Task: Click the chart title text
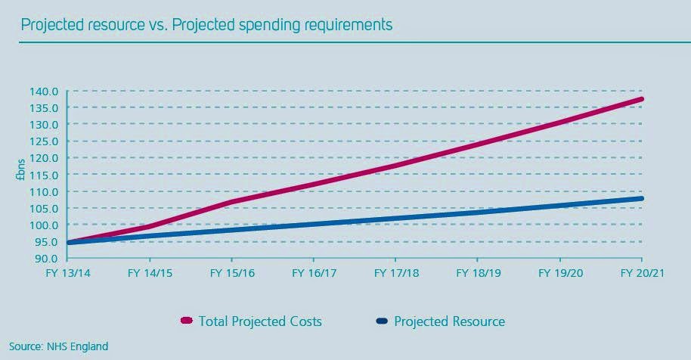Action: click(x=206, y=24)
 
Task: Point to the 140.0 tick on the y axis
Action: click(x=45, y=91)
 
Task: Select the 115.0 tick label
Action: click(x=45, y=175)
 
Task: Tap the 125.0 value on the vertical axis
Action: click(x=45, y=141)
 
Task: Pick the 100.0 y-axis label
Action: click(x=45, y=225)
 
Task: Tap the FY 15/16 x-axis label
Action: click(x=231, y=273)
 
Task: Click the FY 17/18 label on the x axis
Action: click(x=395, y=273)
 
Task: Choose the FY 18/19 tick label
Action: click(x=477, y=273)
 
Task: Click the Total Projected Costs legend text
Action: click(x=260, y=321)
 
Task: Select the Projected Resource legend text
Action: click(x=449, y=321)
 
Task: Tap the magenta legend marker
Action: click(x=187, y=321)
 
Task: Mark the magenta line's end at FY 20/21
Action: click(x=641, y=99)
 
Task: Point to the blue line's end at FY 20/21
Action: click(x=641, y=199)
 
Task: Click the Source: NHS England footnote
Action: click(x=59, y=346)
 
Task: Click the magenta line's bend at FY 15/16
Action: click(x=232, y=201)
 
